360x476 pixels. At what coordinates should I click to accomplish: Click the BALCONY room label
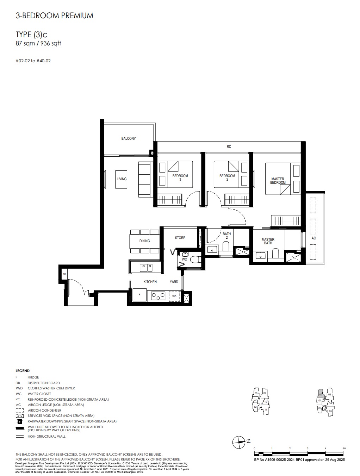(x=128, y=139)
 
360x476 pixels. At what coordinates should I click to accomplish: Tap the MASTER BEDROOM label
(x=278, y=181)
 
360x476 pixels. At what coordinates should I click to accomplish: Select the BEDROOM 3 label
(x=180, y=177)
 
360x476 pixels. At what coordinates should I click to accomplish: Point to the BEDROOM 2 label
(x=227, y=177)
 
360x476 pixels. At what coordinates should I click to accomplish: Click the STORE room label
(x=180, y=238)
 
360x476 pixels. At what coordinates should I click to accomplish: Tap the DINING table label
(x=144, y=241)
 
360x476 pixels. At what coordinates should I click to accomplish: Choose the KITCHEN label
(x=150, y=282)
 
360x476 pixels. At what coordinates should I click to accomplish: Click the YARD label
(x=174, y=282)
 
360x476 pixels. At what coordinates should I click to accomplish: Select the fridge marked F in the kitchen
(x=139, y=295)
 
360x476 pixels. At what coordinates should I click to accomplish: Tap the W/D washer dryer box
(x=174, y=296)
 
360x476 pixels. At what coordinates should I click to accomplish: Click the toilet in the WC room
(x=195, y=259)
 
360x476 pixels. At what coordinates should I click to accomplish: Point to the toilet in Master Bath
(x=276, y=253)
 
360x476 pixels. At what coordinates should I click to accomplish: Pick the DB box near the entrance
(x=64, y=274)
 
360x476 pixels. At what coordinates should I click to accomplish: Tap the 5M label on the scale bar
(x=344, y=448)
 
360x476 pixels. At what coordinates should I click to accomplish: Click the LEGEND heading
(x=23, y=371)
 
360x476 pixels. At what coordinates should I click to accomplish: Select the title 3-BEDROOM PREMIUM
(x=55, y=15)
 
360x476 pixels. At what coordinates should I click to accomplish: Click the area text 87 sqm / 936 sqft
(x=38, y=43)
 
